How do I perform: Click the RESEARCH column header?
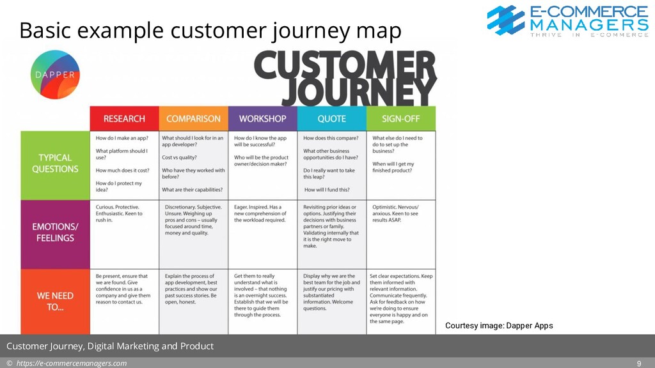124,119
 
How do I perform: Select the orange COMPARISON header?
193,119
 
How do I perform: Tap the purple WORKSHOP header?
262,119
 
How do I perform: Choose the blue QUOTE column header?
331,119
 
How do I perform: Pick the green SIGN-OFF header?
400,119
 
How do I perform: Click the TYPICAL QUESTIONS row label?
55,164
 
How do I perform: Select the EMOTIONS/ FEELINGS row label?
55,233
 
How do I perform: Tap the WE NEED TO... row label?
55,301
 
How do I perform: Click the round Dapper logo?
56,74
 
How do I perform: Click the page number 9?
639,364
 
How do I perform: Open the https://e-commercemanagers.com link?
71,364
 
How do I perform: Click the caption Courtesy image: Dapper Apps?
498,326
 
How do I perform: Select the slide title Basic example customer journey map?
210,30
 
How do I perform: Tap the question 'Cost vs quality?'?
180,157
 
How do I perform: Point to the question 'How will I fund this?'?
327,190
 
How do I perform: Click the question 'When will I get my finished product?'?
393,167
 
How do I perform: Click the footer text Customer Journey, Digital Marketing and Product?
110,346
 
